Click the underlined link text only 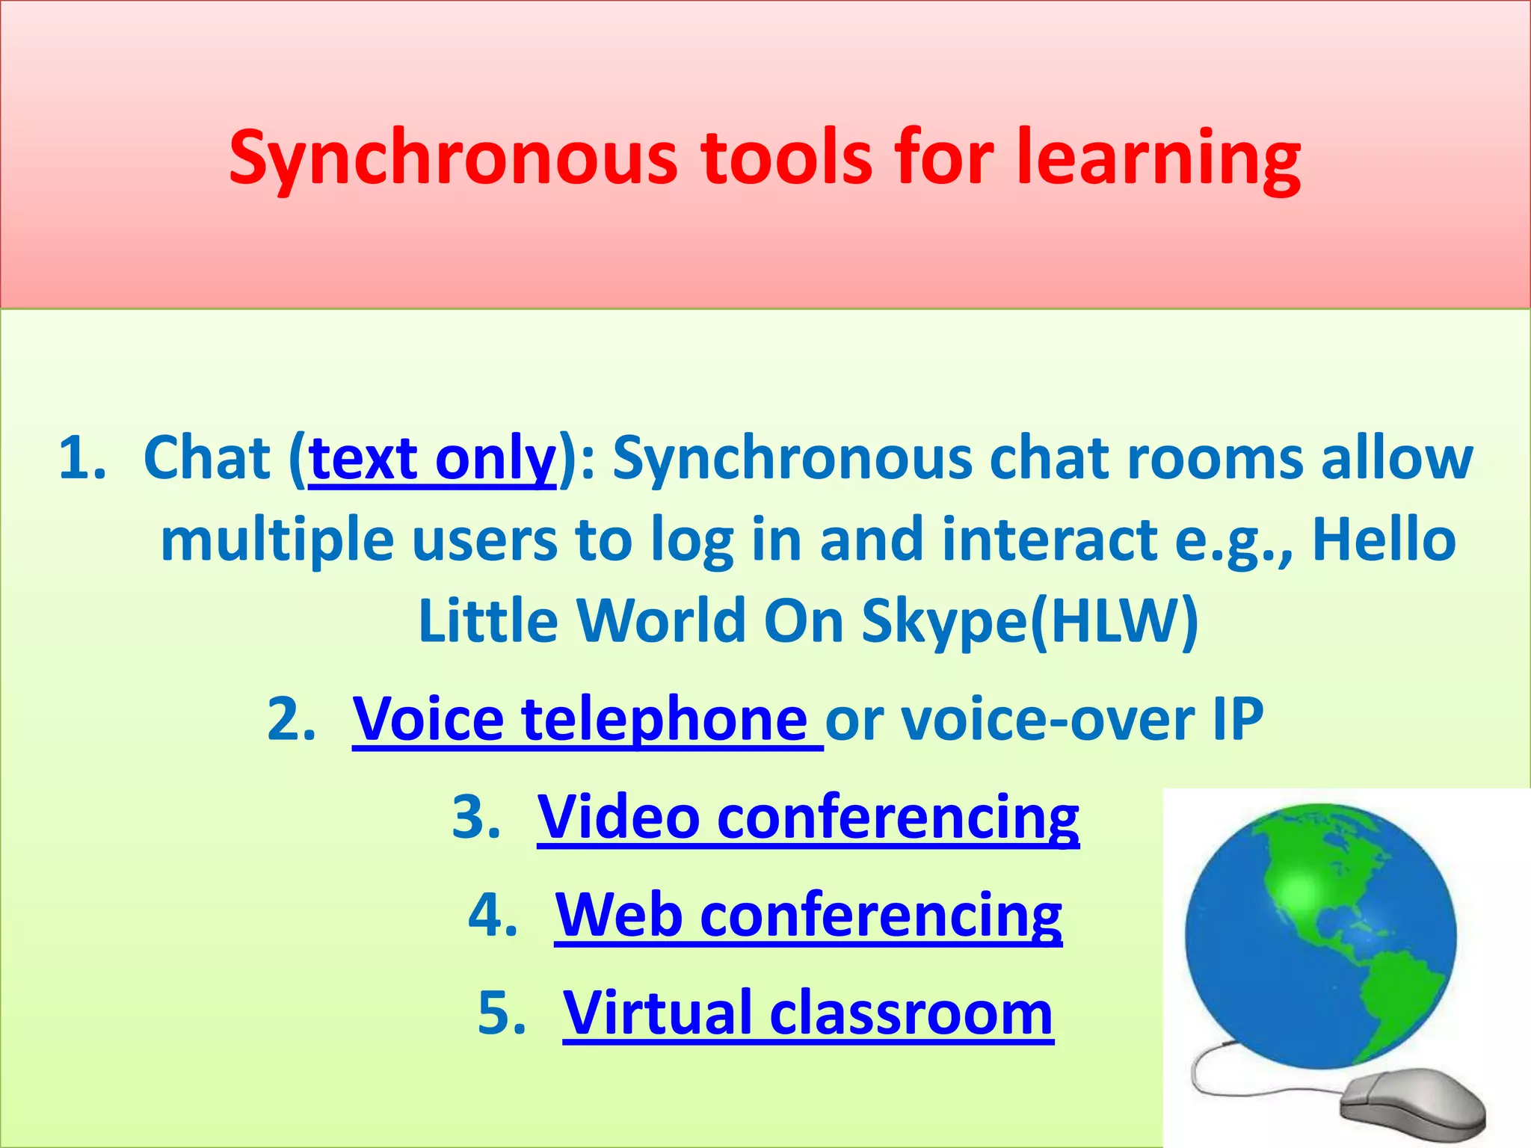(x=432, y=459)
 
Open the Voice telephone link (x=580, y=719)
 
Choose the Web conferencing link (x=808, y=915)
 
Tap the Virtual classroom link (x=808, y=1013)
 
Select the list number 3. (x=475, y=818)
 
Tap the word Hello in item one (x=1384, y=540)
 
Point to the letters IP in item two (x=1237, y=719)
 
